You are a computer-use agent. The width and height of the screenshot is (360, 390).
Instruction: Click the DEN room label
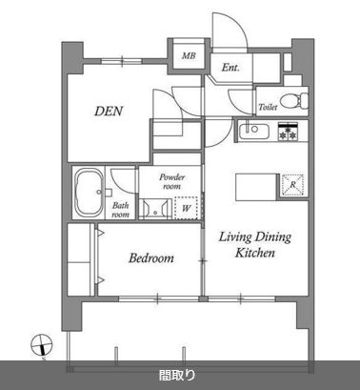(109, 112)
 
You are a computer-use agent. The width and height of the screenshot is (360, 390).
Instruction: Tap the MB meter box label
(189, 56)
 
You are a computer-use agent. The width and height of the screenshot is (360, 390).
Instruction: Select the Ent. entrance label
(230, 68)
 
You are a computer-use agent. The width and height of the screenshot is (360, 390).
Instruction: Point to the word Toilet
(268, 107)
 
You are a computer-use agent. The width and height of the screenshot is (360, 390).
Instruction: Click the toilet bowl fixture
(293, 101)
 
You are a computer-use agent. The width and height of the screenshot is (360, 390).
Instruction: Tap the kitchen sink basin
(254, 131)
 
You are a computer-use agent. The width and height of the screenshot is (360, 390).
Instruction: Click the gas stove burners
(288, 132)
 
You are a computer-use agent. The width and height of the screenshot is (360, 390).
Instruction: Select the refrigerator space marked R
(292, 184)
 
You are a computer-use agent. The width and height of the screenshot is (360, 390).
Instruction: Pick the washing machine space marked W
(186, 208)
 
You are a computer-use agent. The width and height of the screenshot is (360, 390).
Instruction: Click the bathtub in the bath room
(89, 193)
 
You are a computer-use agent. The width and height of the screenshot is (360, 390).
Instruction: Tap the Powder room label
(171, 181)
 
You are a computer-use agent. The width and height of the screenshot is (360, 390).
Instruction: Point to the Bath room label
(120, 210)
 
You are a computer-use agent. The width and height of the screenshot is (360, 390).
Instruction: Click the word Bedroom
(151, 257)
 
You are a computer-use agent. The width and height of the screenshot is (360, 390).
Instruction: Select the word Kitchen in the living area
(255, 253)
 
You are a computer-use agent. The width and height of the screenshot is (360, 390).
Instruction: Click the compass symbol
(41, 345)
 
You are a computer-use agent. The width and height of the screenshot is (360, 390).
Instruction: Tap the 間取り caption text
(177, 376)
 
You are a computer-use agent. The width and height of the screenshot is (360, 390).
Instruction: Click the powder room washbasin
(155, 209)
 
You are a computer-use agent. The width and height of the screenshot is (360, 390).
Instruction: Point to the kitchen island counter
(256, 187)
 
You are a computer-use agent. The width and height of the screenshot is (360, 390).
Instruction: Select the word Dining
(273, 237)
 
